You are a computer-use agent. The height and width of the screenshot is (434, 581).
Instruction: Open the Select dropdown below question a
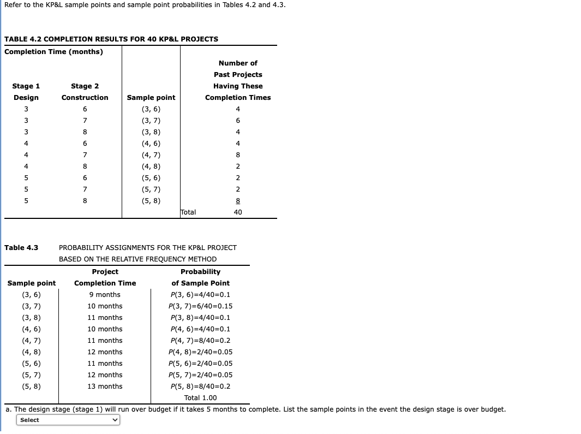click(x=68, y=420)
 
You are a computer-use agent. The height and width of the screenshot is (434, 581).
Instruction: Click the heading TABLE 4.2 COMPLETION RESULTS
click(x=111, y=39)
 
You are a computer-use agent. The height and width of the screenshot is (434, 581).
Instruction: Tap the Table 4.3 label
click(x=21, y=248)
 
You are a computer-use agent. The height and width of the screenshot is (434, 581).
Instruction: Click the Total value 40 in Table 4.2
click(x=238, y=212)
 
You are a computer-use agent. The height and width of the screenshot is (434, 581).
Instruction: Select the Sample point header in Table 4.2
click(x=151, y=98)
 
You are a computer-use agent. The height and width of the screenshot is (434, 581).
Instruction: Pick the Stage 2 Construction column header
click(x=85, y=92)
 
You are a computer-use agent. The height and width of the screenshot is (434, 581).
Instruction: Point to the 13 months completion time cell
click(x=105, y=387)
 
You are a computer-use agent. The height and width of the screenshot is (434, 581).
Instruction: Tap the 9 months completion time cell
click(x=105, y=295)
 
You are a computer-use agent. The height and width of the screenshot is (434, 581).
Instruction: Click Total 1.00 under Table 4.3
click(x=200, y=398)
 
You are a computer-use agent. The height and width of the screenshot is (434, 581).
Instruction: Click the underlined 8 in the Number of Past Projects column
click(x=238, y=201)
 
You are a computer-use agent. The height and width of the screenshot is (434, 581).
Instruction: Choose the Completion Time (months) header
click(x=53, y=51)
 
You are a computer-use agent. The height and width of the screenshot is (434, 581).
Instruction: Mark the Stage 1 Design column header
click(x=26, y=92)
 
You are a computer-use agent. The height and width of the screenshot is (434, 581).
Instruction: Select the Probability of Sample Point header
click(x=200, y=277)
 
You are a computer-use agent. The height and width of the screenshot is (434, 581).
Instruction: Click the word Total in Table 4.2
click(x=188, y=212)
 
